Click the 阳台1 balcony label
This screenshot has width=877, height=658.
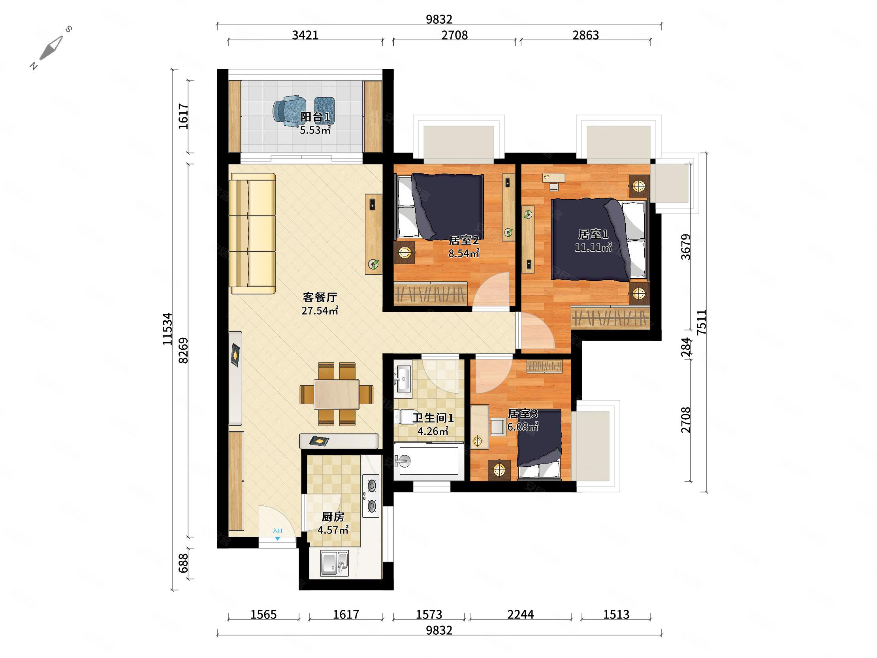coord(315,117)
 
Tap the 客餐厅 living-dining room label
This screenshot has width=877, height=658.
coord(320,297)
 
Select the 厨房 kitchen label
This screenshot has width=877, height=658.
coord(333,517)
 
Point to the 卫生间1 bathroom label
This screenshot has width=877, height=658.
coord(433,418)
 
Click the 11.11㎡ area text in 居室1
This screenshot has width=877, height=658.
coord(593,247)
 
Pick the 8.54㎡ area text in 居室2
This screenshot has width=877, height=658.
coord(464,253)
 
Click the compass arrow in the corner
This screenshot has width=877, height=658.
coord(51,48)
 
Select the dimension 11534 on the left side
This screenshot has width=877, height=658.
coord(168,329)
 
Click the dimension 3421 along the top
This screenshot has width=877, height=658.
coord(305,35)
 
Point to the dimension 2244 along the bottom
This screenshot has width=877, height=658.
coord(521,615)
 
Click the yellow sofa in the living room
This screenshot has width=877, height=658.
coord(253,233)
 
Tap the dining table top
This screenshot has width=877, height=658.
coord(337,394)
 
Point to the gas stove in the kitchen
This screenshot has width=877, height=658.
coord(371,496)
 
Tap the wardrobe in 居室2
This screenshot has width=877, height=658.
coord(431,294)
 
